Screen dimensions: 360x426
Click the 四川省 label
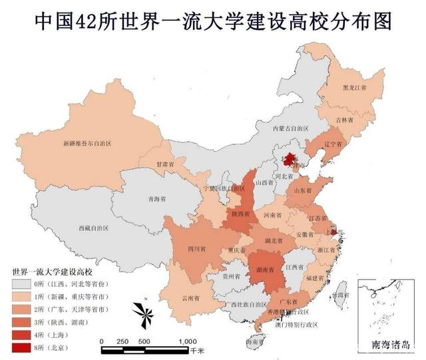tap(196, 249)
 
